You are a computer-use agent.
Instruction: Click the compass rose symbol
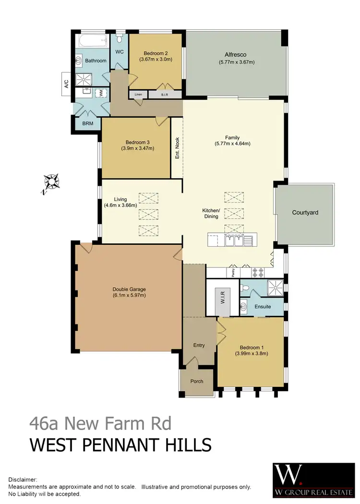click(x=50, y=182)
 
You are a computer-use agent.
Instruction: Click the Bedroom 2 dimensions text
click(x=156, y=60)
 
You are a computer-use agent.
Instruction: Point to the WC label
click(x=120, y=51)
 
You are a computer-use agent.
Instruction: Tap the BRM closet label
click(x=87, y=123)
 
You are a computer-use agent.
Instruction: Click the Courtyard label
click(x=305, y=212)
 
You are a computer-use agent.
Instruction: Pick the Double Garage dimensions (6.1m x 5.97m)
click(x=129, y=295)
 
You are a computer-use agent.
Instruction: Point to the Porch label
click(x=197, y=381)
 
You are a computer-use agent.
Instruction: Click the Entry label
click(x=199, y=345)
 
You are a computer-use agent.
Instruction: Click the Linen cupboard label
click(x=138, y=95)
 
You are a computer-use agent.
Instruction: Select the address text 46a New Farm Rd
click(x=100, y=424)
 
